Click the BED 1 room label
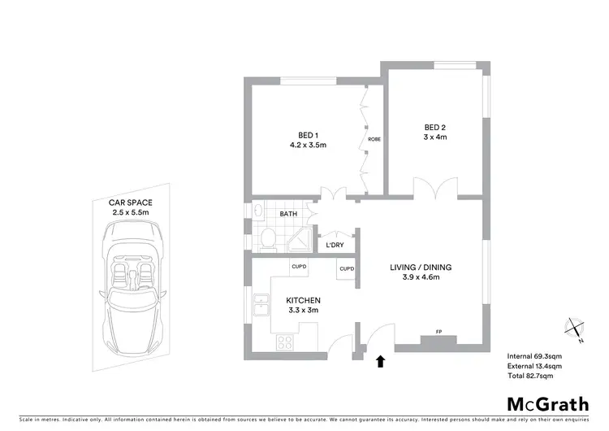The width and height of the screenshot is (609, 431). click(x=308, y=136)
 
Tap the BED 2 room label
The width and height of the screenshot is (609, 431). click(x=435, y=127)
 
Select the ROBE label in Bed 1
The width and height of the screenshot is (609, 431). click(x=374, y=139)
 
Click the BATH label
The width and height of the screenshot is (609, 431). click(x=288, y=215)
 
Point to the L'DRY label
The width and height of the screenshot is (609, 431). click(x=335, y=246)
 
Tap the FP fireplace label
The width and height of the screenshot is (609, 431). click(x=439, y=332)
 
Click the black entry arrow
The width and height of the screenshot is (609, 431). click(x=380, y=360)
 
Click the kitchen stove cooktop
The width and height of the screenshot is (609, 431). click(x=285, y=342)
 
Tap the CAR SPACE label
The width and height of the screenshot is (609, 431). click(x=131, y=202)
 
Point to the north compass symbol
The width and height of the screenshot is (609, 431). click(x=576, y=329)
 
